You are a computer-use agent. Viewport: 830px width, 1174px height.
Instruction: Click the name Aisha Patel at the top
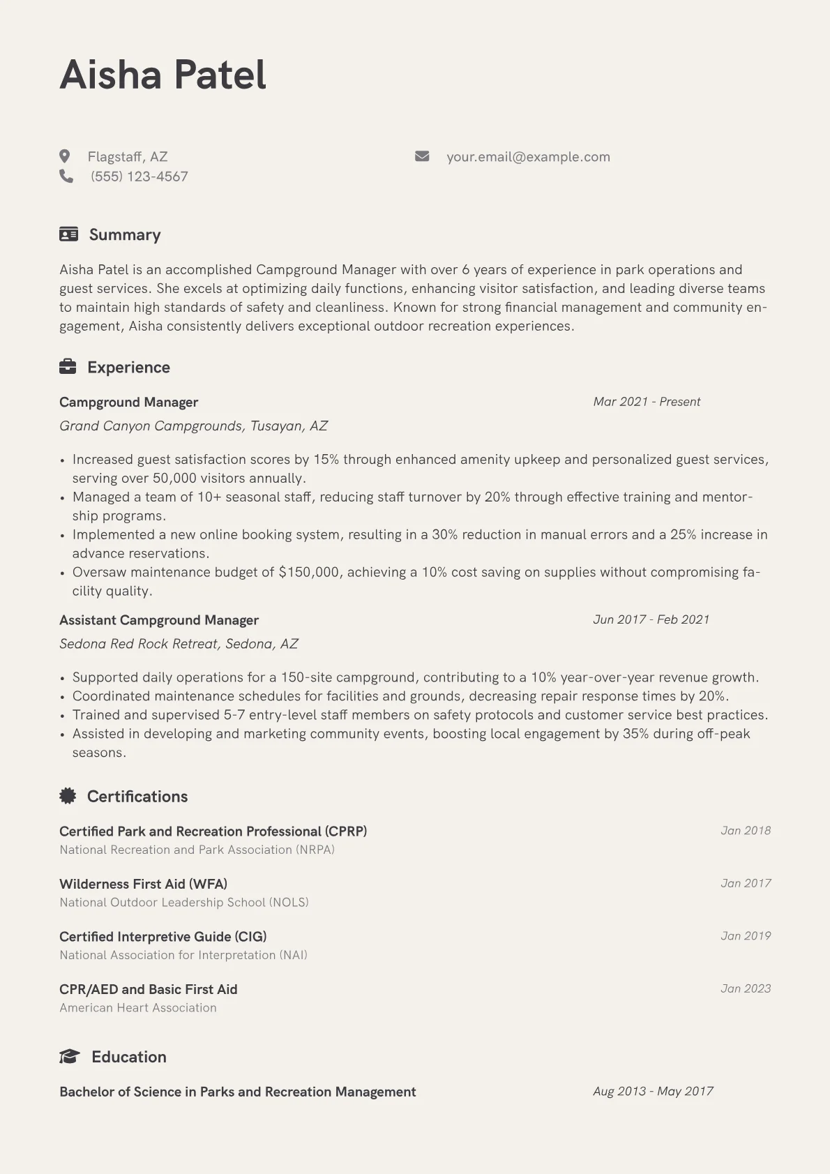163,75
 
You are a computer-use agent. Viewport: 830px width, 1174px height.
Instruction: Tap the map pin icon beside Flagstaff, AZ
65,156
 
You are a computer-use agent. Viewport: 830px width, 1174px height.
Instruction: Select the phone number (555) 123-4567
139,176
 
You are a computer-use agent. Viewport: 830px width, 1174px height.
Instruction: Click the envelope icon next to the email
422,156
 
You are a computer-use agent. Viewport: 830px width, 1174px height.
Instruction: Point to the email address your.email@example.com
528,157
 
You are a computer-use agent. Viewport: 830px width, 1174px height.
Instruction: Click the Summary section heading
124,234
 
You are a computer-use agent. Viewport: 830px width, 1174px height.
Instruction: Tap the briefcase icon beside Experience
68,367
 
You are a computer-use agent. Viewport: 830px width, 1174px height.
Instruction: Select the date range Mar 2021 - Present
647,402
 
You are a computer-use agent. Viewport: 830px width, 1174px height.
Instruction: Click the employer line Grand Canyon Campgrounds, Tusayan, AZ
193,426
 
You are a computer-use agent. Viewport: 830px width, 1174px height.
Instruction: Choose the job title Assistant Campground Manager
159,620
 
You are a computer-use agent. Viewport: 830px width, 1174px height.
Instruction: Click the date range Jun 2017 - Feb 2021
651,619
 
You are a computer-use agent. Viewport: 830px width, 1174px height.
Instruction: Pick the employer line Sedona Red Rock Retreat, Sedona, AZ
179,644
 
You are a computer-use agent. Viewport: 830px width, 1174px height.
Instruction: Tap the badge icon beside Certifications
68,796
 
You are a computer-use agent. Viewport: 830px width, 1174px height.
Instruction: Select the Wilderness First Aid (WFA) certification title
143,884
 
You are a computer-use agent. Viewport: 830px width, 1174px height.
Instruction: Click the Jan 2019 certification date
746,936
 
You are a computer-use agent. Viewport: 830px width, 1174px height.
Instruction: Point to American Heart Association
138,1008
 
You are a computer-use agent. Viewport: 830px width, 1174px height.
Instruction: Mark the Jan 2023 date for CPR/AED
746,988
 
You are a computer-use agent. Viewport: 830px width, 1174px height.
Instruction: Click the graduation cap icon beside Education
69,1057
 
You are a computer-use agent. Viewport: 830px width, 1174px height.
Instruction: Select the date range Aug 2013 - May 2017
653,1091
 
